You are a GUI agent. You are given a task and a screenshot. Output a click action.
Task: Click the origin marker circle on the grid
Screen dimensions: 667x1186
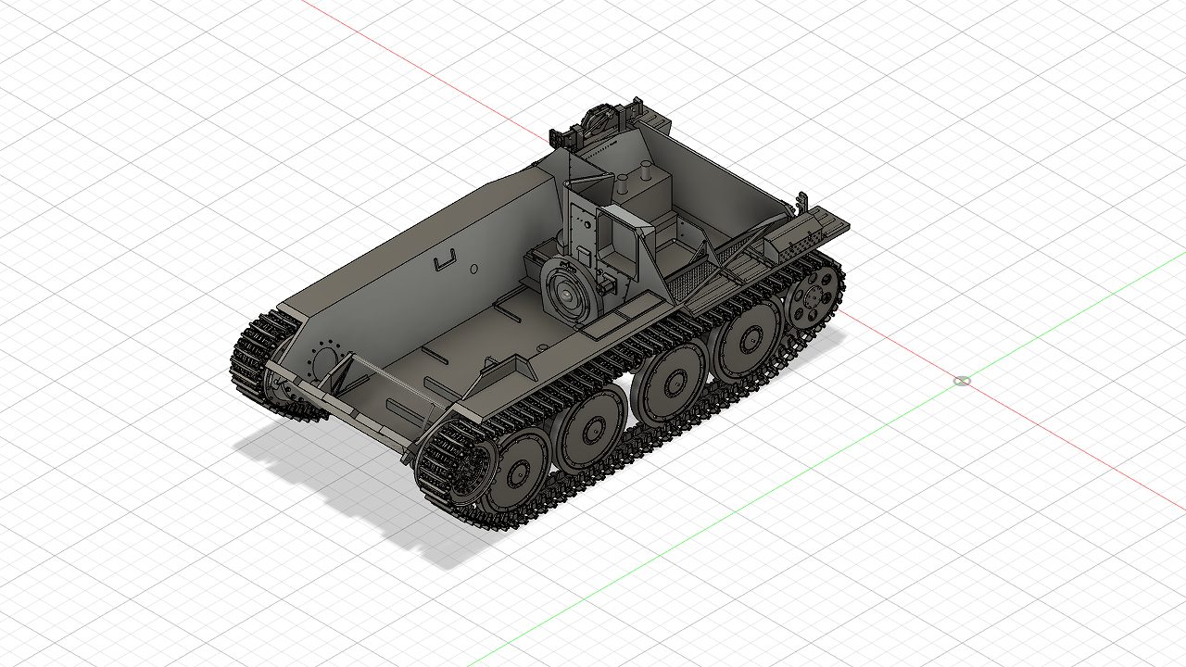962,381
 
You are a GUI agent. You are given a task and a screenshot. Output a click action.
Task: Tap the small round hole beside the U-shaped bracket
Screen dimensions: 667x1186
473,269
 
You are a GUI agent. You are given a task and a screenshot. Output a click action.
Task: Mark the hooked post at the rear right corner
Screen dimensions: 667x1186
802,201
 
